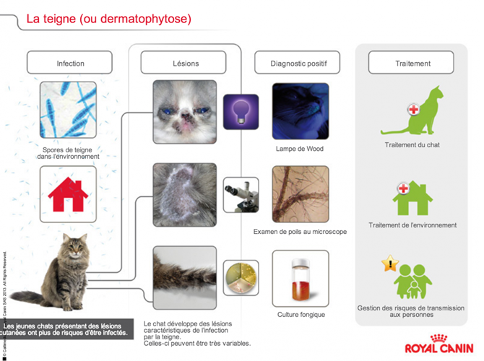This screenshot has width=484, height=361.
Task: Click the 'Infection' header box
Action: tap(70, 63)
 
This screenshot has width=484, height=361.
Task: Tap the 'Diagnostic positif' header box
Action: tap(298, 63)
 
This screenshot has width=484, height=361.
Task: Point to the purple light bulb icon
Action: tap(241, 112)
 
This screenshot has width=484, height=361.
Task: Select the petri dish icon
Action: tap(241, 277)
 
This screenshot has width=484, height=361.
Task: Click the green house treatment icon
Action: tap(412, 199)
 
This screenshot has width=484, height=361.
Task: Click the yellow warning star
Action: tap(389, 264)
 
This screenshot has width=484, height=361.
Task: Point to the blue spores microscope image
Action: tap(68, 110)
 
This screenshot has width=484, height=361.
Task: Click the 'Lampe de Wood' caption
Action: tap(299, 149)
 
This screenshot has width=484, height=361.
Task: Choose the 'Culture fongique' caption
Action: tap(301, 315)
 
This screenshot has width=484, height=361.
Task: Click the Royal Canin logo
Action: tap(439, 345)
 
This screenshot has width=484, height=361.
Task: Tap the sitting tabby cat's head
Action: tap(74, 250)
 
